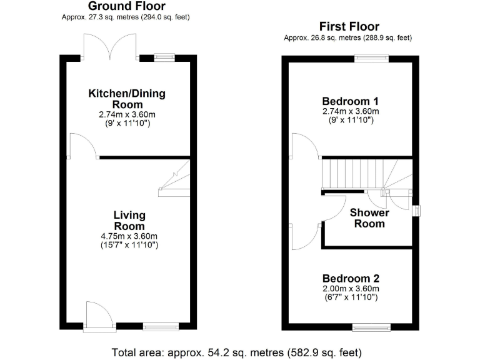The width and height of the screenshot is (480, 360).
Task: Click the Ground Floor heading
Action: point(126,6)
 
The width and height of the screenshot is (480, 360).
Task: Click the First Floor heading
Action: point(349,27)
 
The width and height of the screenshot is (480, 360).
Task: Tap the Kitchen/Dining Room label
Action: point(127,99)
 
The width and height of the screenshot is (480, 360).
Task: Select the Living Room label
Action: point(129,221)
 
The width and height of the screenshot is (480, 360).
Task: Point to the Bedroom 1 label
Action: point(350,101)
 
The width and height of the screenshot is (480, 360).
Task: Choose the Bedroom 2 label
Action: point(351,279)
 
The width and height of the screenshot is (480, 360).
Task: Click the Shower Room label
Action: point(369,218)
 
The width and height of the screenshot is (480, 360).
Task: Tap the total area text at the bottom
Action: point(236,351)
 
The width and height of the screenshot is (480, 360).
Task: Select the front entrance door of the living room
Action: point(99,316)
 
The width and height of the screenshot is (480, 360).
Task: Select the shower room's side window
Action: point(416,211)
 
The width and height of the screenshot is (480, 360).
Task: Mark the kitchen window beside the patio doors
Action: point(164,58)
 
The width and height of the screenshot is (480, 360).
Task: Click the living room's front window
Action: point(160,326)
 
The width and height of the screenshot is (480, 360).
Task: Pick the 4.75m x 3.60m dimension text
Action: point(129,236)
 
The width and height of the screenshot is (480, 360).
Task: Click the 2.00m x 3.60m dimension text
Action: point(351,289)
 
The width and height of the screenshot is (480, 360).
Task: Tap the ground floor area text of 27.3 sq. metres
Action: point(126,17)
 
